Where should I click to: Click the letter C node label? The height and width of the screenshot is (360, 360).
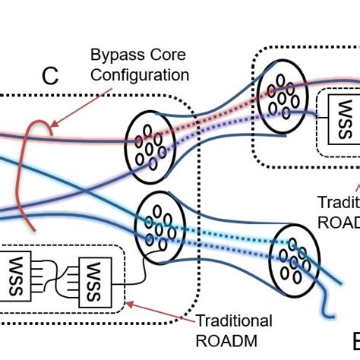[x=50, y=75]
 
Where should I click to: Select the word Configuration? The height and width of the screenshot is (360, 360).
[x=140, y=75]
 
